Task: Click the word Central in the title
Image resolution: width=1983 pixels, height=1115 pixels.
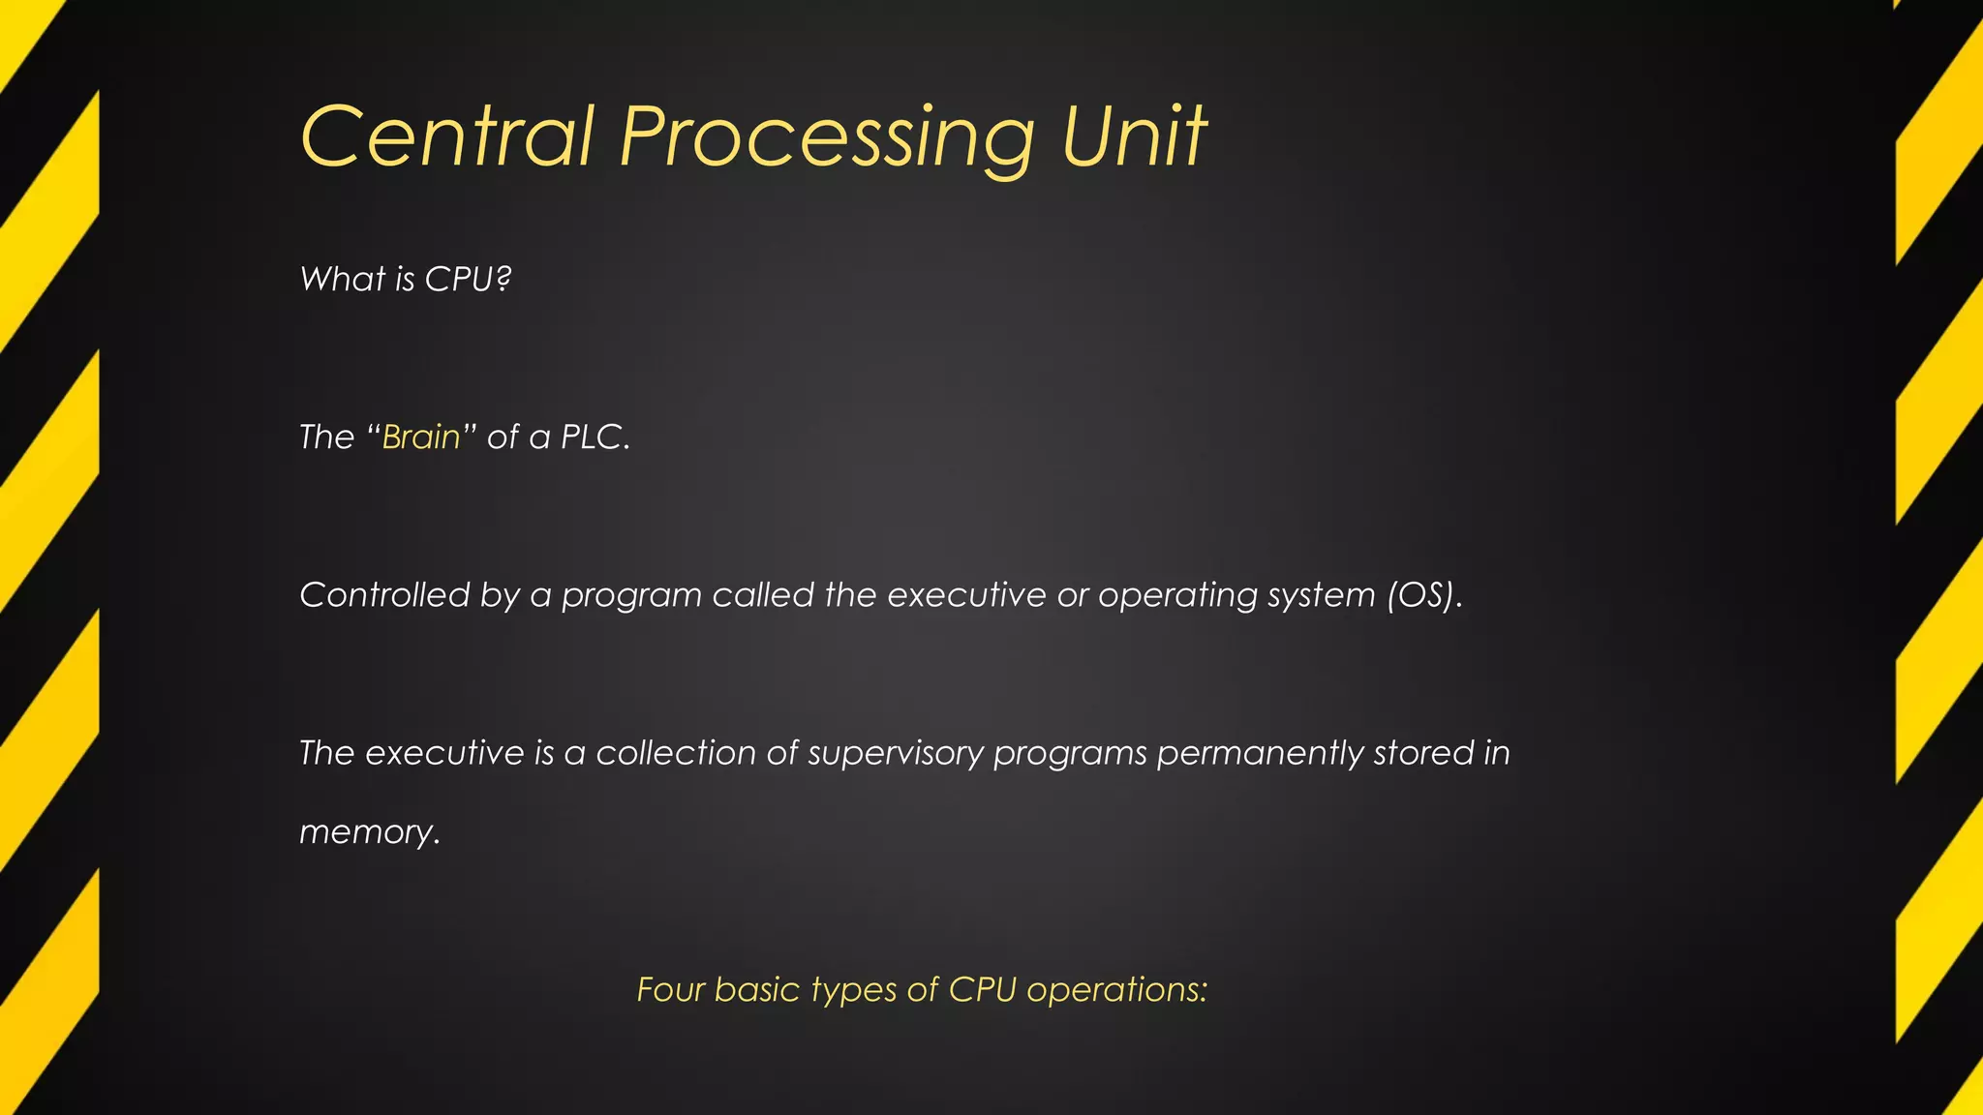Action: click(446, 137)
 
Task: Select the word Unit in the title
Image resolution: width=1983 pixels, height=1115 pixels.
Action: click(1134, 137)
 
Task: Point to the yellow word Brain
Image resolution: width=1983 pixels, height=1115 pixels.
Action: click(421, 437)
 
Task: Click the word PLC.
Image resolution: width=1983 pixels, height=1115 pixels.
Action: click(595, 437)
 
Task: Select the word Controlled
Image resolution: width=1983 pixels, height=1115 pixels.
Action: click(384, 595)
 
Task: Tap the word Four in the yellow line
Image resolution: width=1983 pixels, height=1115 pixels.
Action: click(670, 990)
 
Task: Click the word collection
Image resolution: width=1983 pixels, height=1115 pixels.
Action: click(676, 753)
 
